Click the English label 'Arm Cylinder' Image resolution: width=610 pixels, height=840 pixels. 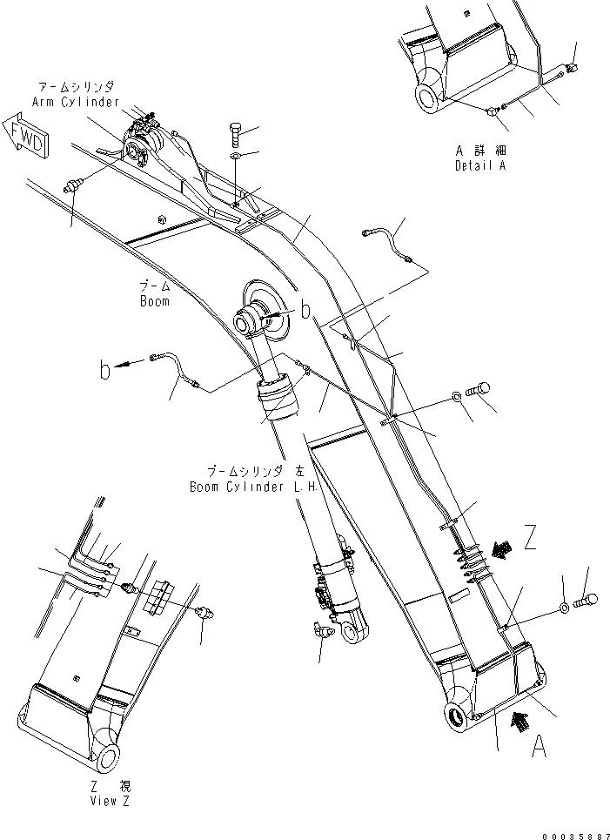[76, 102]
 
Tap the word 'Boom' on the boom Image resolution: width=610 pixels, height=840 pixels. [154, 301]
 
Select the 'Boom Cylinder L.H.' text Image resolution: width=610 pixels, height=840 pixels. [254, 488]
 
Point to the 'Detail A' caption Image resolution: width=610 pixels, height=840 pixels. [479, 165]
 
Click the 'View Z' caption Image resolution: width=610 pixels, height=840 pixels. [110, 802]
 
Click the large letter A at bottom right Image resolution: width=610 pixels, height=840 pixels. [540, 745]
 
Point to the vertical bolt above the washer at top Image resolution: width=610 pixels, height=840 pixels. [236, 135]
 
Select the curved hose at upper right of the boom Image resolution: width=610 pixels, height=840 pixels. [388, 244]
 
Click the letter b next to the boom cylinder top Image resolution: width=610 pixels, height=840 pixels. [305, 310]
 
